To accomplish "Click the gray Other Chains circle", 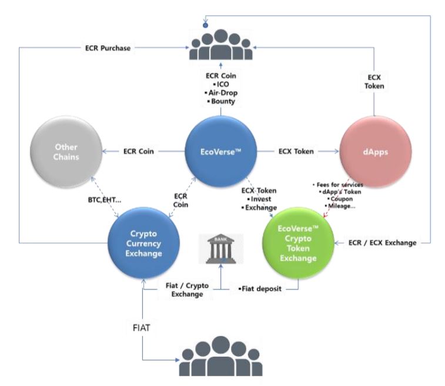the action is click(66, 151).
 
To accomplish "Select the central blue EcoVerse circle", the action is click(221, 151).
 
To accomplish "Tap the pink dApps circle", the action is click(376, 151).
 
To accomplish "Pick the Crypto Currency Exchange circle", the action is click(143, 243).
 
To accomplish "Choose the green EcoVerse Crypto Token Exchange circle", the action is click(298, 243).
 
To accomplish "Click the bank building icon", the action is click(221, 249).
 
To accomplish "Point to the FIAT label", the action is click(141, 328).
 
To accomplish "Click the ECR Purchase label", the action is click(108, 48).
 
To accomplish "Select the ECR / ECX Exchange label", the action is click(382, 243).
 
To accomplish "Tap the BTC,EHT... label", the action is click(105, 200).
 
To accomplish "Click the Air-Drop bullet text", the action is click(221, 93).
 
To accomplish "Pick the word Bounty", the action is click(223, 101).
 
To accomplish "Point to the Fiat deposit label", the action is click(260, 289).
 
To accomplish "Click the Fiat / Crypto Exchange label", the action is click(187, 290).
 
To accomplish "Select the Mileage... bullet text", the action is click(340, 206).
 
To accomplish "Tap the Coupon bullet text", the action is click(340, 199).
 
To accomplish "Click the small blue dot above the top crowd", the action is click(206, 25).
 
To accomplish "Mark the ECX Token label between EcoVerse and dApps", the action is click(296, 151).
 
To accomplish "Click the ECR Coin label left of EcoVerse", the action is click(139, 151).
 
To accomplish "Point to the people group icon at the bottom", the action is click(221, 356).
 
